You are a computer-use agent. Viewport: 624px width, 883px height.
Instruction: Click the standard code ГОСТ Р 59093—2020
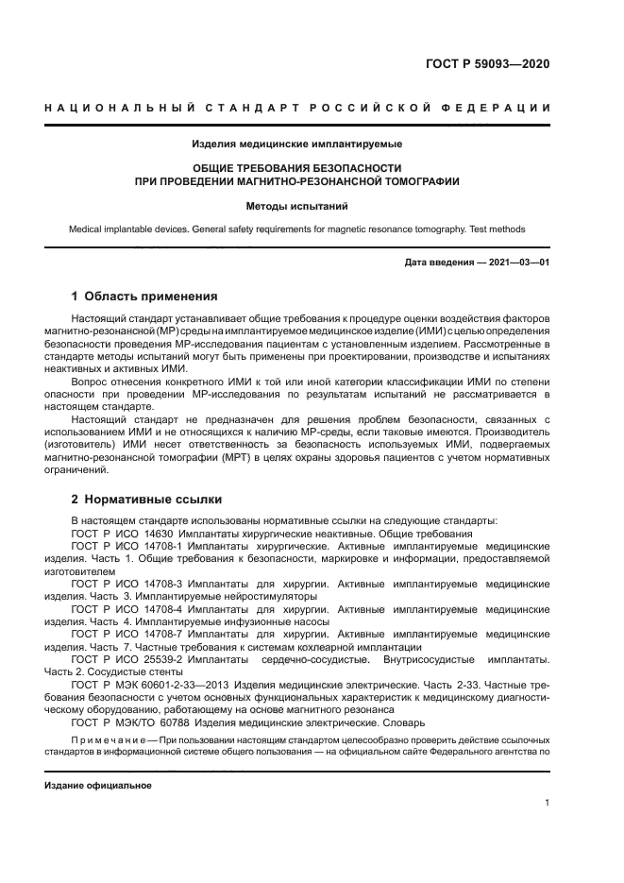tap(488, 65)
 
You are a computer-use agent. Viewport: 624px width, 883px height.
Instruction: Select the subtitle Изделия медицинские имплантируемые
tap(297, 144)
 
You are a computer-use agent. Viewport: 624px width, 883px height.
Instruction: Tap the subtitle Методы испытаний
tap(297, 203)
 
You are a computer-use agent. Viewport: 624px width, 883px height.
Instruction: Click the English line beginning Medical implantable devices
tap(297, 229)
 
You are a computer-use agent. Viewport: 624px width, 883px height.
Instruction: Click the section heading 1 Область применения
tap(144, 296)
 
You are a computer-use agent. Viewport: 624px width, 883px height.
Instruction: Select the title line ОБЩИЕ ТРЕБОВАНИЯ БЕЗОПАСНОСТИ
tap(297, 167)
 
